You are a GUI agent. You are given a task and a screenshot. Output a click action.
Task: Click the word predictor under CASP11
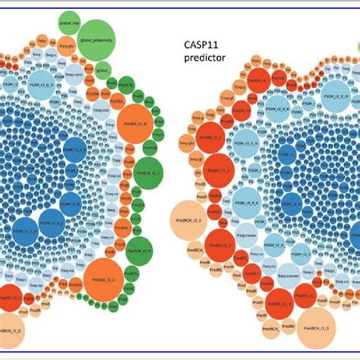pos(203,58)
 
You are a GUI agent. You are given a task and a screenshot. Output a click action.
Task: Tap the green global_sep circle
pos(69,21)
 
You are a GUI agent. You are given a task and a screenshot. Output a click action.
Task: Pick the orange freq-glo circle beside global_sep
pos(66,45)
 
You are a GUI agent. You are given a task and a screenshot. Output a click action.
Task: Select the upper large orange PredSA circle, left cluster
pos(136,121)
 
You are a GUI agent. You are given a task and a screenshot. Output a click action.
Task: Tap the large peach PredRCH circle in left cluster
pos(8,327)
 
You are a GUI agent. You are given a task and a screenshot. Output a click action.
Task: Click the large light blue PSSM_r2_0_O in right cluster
pos(335,98)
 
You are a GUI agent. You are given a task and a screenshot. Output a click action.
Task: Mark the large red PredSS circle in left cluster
pos(11,298)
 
